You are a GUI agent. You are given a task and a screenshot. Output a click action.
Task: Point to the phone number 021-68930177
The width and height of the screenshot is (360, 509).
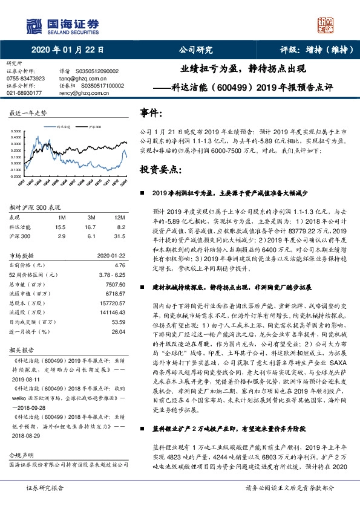[25, 92]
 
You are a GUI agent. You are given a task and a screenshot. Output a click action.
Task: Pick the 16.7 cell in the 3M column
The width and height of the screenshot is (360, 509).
[92, 225]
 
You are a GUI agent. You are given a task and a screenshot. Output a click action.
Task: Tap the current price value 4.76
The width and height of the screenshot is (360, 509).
[119, 264]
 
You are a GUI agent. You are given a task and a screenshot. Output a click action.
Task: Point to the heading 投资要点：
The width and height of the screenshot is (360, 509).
[160, 170]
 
